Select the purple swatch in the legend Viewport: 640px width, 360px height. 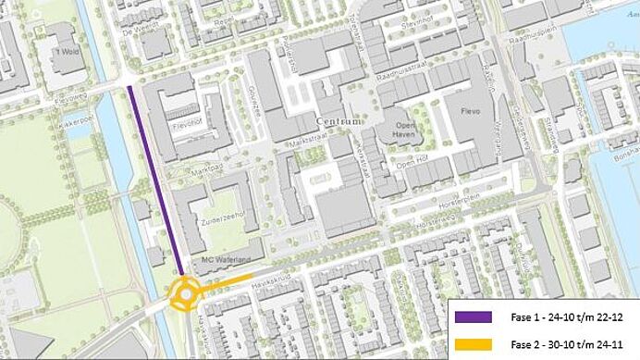point(474,317)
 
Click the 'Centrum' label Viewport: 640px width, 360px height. point(338,121)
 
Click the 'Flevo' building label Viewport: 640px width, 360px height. point(473,114)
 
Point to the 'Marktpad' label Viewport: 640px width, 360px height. point(215,169)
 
